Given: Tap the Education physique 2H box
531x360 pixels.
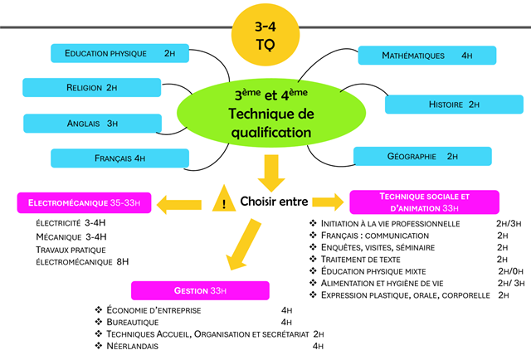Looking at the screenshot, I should coord(120,53).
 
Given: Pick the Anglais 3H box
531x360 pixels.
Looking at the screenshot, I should coord(92,123).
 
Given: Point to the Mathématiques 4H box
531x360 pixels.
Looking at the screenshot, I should coord(426,55).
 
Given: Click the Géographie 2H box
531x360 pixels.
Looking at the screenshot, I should coord(422,155).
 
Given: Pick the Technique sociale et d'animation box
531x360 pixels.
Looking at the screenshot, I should coord(424,202).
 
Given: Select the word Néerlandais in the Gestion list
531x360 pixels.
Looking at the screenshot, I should coord(133,346).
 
